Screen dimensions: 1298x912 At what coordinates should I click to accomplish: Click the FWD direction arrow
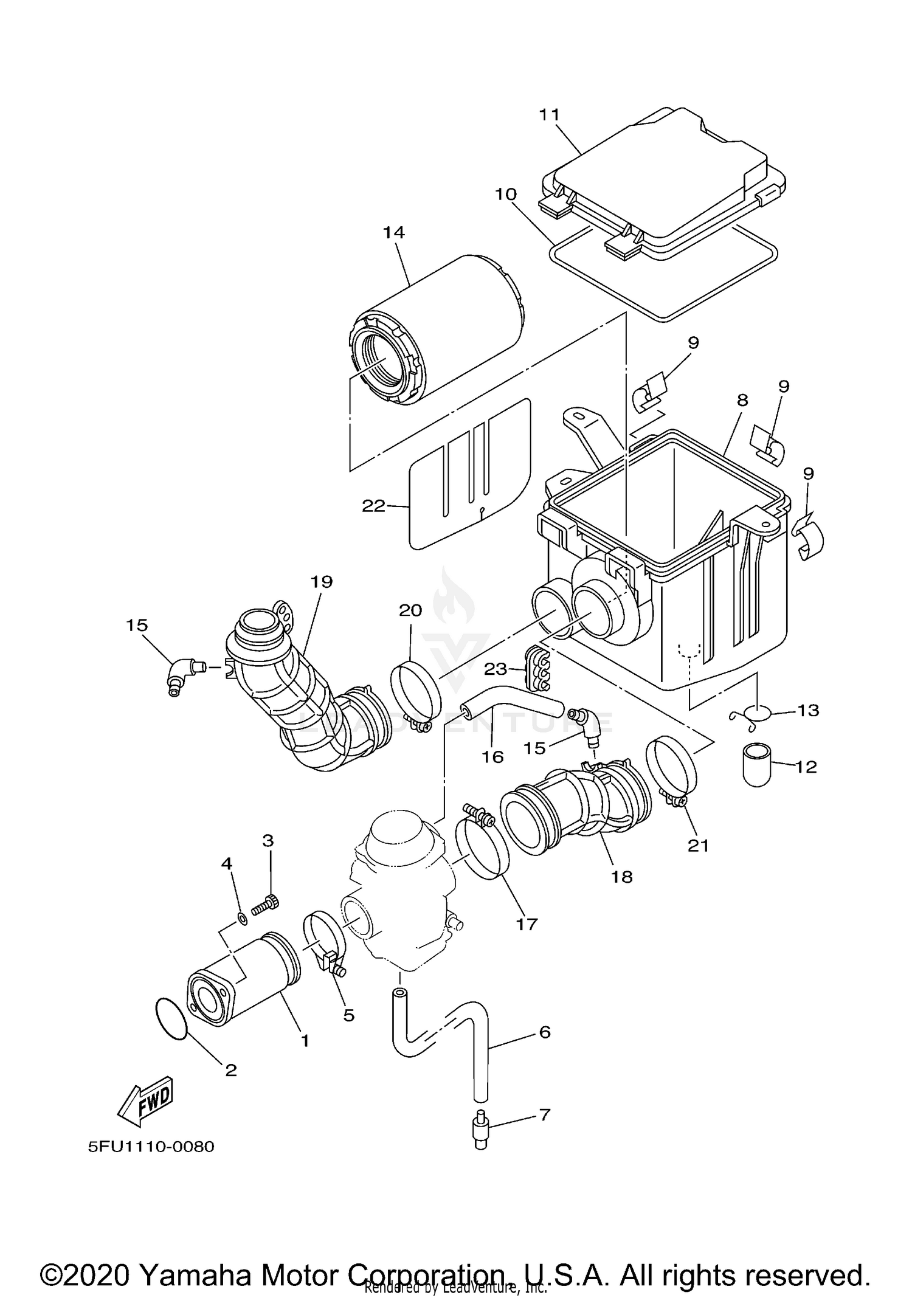tap(146, 1101)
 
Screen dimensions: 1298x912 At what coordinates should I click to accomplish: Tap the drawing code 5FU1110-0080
tap(151, 1147)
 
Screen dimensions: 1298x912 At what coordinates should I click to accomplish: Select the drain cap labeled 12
tap(756, 764)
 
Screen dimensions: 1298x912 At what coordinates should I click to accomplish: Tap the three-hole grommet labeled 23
tap(537, 669)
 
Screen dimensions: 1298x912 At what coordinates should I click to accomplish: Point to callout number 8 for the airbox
tap(742, 400)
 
